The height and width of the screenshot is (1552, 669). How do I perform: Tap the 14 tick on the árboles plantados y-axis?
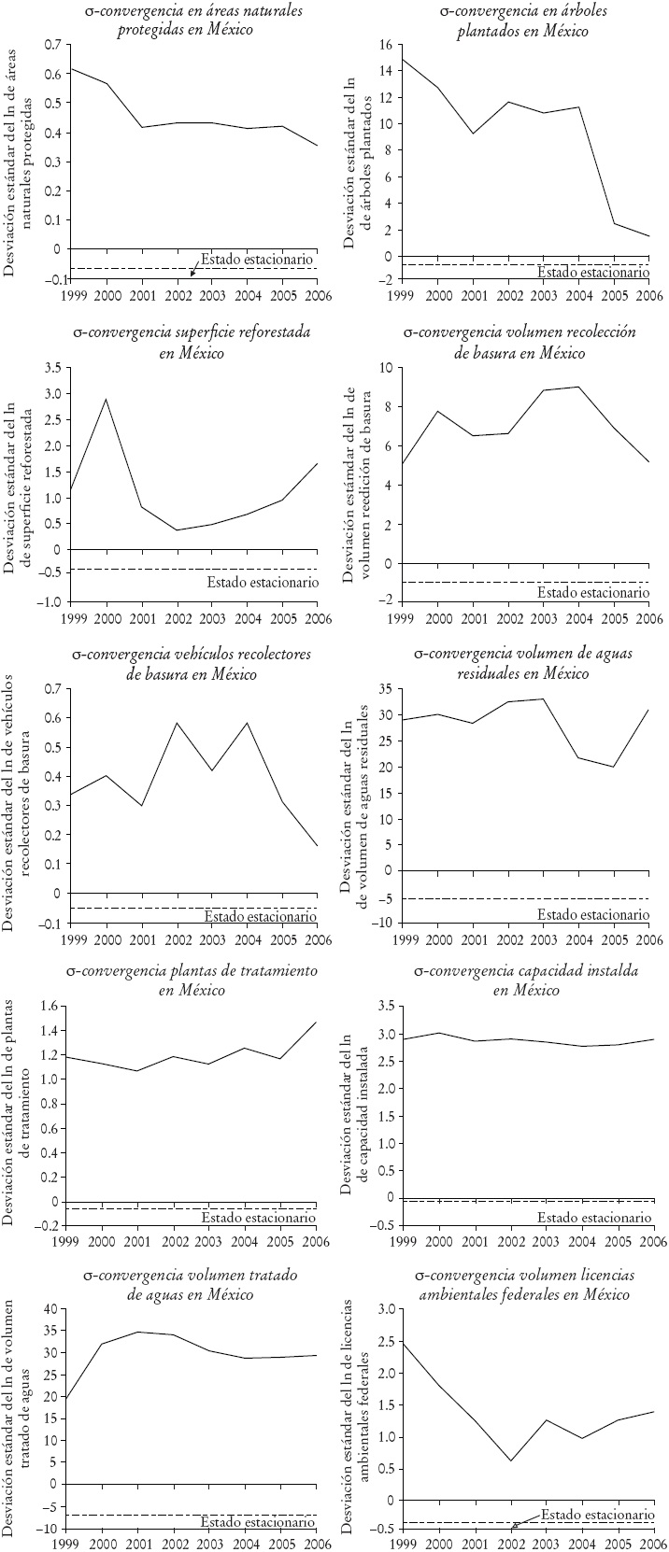[x=391, y=70]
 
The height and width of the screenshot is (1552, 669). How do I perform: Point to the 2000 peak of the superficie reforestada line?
[x=107, y=399]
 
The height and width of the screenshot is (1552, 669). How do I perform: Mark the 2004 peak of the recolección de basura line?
[x=579, y=387]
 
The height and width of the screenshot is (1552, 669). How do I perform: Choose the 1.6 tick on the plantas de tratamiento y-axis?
[x=49, y=1005]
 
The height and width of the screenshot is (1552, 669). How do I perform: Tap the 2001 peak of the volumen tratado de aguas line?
[x=141, y=1332]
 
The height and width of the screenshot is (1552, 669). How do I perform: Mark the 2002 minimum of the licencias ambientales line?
[x=510, y=1460]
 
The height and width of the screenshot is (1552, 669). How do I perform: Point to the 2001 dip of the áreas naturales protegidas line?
[x=141, y=127]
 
